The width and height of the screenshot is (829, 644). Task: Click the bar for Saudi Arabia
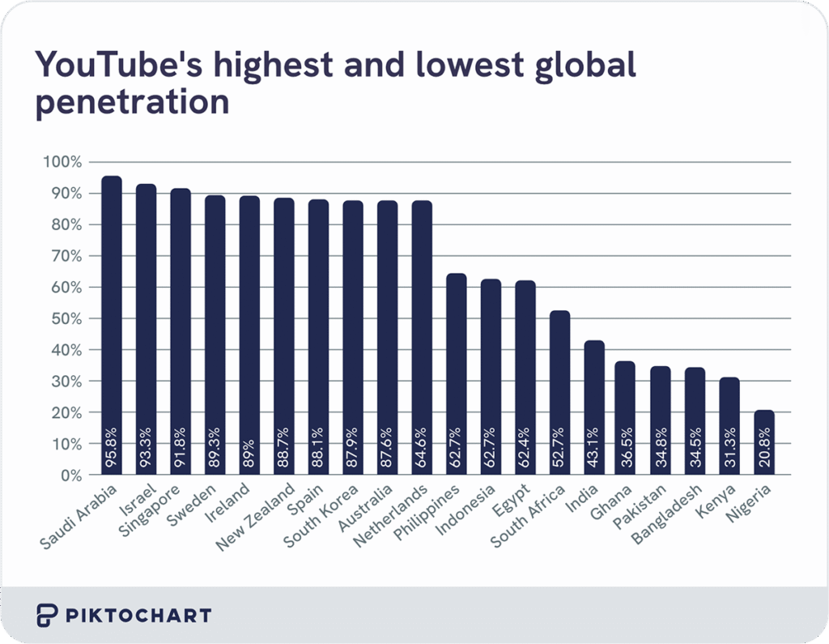(x=112, y=324)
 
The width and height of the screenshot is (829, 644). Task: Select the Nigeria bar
(x=763, y=441)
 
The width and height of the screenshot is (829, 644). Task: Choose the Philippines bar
(x=457, y=373)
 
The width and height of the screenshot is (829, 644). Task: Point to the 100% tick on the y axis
(x=62, y=162)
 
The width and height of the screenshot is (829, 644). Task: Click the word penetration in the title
(x=130, y=104)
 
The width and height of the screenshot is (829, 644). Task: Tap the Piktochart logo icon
(x=46, y=615)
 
